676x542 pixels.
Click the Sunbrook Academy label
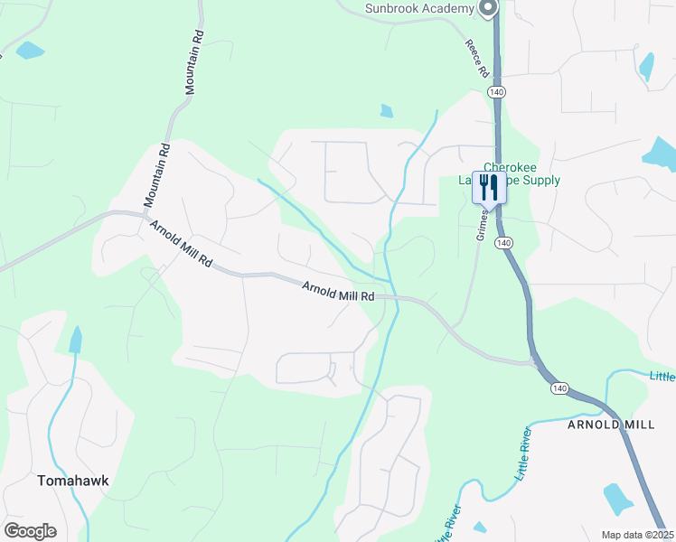[419, 8]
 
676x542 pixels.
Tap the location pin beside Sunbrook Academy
[488, 8]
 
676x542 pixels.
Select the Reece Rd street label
[477, 58]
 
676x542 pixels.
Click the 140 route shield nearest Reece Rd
[496, 93]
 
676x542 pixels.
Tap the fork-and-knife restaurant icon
[488, 188]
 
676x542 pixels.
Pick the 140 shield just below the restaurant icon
[504, 243]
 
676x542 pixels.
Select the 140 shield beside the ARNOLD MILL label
[559, 388]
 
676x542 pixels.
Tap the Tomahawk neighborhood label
[73, 481]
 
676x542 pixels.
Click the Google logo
[30, 531]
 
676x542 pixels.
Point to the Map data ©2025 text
[636, 535]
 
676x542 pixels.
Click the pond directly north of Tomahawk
[75, 340]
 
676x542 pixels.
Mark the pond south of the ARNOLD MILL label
[617, 498]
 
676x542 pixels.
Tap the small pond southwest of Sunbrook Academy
[387, 111]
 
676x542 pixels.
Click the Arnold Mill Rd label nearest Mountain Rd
[182, 244]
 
